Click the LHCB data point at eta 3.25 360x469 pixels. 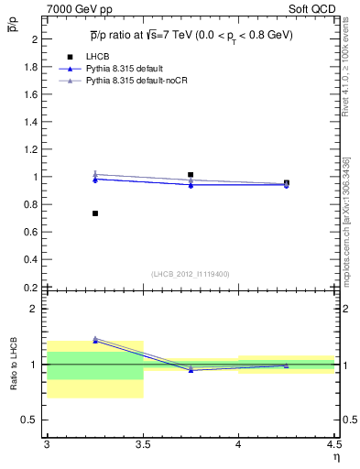[95, 213]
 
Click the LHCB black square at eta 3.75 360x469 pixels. [191, 174]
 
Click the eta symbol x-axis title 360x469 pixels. [335, 457]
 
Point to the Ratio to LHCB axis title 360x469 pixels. [13, 365]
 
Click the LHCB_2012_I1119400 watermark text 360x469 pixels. [191, 274]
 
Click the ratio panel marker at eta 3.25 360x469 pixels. [95, 340]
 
